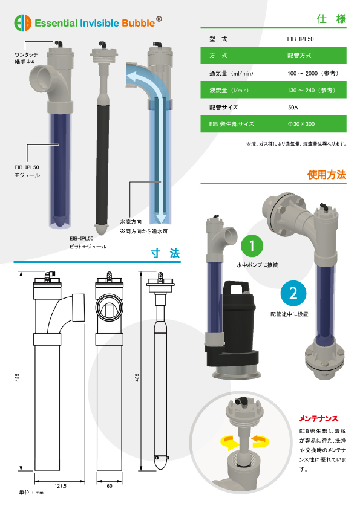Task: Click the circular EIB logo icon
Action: click(23, 23)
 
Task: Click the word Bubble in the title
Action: click(139, 23)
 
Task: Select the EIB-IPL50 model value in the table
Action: click(300, 39)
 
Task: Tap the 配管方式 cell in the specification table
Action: click(299, 56)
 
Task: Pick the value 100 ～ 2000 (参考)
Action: click(313, 73)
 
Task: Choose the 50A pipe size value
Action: click(293, 108)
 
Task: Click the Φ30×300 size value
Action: click(301, 124)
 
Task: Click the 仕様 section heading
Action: click(332, 19)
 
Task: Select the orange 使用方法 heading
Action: click(327, 175)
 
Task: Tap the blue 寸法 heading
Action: click(165, 253)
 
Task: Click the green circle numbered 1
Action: click(252, 246)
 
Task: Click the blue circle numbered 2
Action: click(293, 293)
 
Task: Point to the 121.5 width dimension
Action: click(61, 486)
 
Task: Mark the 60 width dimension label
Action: click(110, 486)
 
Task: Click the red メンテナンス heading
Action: click(319, 419)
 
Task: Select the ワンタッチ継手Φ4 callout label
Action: click(26, 58)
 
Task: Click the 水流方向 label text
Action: click(131, 222)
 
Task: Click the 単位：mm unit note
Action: click(31, 493)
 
